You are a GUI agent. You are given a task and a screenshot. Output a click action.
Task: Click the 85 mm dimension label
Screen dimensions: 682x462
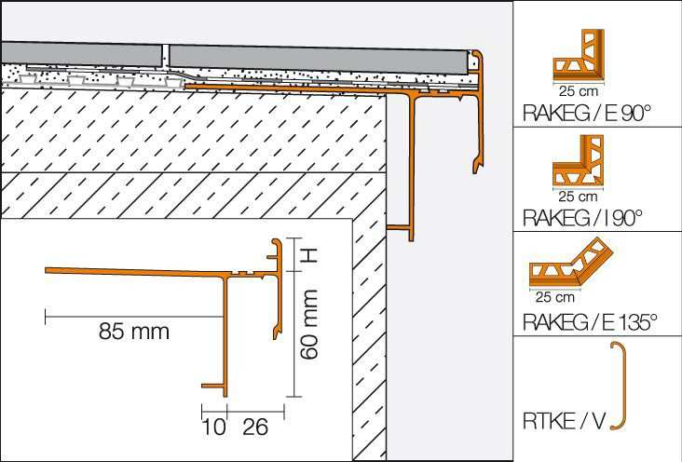tap(133, 332)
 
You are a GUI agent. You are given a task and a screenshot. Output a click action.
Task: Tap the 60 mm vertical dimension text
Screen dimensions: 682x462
tap(309, 324)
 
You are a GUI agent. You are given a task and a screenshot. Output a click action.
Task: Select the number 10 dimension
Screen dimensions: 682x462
tap(214, 428)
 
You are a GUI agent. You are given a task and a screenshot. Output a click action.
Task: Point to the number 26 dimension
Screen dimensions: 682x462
tap(255, 428)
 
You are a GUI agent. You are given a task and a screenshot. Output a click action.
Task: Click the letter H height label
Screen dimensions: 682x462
tap(308, 256)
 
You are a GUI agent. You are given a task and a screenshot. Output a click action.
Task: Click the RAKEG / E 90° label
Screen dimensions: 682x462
tap(587, 113)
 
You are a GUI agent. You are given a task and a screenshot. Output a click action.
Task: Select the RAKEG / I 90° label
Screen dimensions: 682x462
tap(582, 218)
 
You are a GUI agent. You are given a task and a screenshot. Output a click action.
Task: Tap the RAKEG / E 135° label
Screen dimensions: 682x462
tap(590, 322)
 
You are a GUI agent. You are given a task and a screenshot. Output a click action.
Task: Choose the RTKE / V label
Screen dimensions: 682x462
tap(564, 421)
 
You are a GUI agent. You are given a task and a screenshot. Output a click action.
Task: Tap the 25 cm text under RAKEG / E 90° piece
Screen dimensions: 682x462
tap(579, 91)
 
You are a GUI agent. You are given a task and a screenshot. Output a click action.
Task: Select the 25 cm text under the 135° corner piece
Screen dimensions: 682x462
tap(555, 297)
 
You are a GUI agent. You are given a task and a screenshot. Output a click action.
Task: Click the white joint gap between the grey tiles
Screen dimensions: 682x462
tap(165, 56)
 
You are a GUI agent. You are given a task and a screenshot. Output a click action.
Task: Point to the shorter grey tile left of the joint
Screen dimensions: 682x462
tap(81, 54)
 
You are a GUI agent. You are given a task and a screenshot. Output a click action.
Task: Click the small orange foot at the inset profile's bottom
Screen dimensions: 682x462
tap(213, 386)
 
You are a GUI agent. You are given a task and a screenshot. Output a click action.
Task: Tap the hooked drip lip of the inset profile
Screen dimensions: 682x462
tap(276, 333)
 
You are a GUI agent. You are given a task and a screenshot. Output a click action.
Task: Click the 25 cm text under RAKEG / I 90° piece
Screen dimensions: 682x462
tap(579, 197)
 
